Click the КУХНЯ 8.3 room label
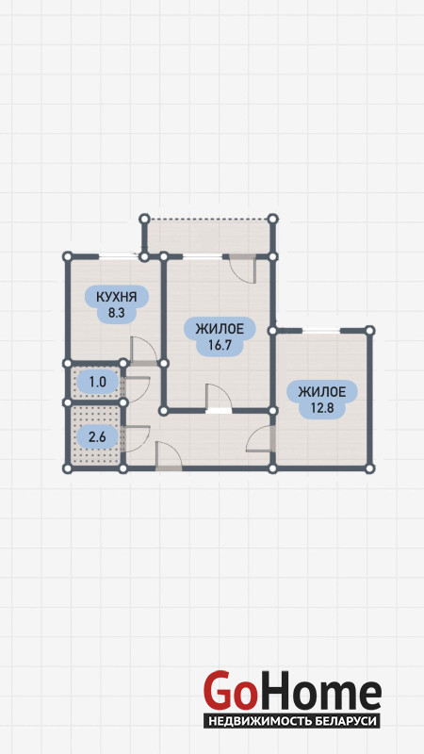click(116, 304)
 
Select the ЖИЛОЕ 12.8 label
click(322, 400)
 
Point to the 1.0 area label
click(97, 383)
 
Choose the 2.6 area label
click(97, 436)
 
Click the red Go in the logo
click(229, 691)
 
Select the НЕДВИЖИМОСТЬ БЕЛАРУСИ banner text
click(292, 721)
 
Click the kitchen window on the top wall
click(119, 256)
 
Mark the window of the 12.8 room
click(321, 331)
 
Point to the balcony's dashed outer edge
click(208, 220)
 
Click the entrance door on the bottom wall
click(169, 456)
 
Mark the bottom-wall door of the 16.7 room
click(219, 399)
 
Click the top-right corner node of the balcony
click(272, 220)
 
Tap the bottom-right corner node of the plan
click(369, 467)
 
